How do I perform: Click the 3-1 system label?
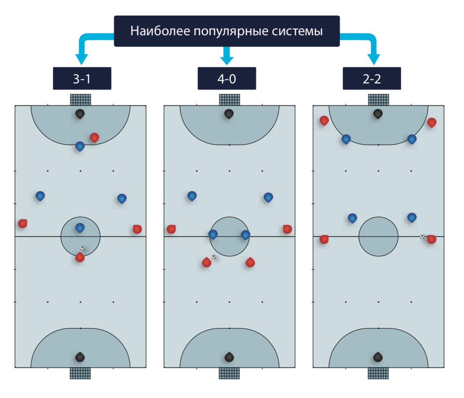pyautogui.click(x=82, y=79)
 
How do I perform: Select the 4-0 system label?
pyautogui.click(x=227, y=79)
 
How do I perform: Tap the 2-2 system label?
pyautogui.click(x=372, y=79)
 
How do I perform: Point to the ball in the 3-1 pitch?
pyautogui.click(x=82, y=248)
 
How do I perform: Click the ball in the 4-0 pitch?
pyautogui.click(x=213, y=257)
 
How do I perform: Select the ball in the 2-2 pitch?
pyautogui.click(x=422, y=236)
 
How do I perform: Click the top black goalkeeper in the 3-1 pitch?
pyautogui.click(x=80, y=114)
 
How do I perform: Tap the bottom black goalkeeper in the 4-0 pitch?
pyautogui.click(x=229, y=357)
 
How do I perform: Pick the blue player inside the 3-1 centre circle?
pyautogui.click(x=80, y=228)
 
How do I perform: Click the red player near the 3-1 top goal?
pyautogui.click(x=94, y=137)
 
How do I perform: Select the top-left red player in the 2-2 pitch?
pyautogui.click(x=324, y=121)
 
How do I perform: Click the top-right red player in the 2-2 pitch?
pyautogui.click(x=432, y=122)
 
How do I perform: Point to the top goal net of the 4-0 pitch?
pyautogui.click(x=229, y=100)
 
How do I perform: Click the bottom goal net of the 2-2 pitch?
pyautogui.click(x=378, y=373)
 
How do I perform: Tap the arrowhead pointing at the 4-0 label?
pyautogui.click(x=227, y=60)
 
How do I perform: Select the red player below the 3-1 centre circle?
pyautogui.click(x=80, y=257)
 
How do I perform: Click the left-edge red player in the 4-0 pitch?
pyautogui.click(x=171, y=229)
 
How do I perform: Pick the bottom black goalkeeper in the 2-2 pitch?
pyautogui.click(x=378, y=357)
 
